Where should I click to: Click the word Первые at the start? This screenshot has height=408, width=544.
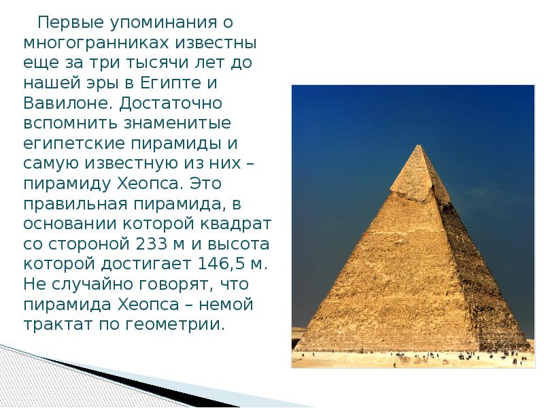pos(63,22)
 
